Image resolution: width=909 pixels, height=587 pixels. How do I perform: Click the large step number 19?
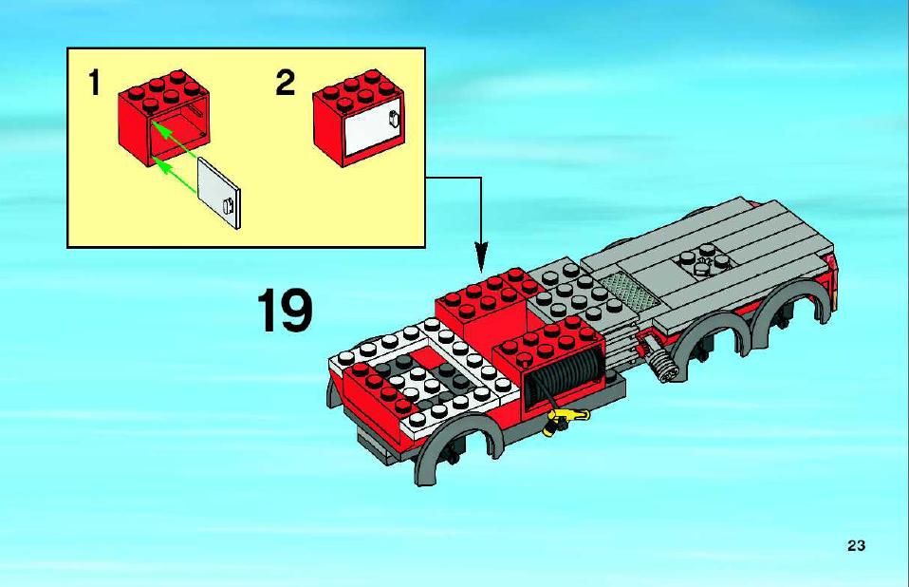(284, 311)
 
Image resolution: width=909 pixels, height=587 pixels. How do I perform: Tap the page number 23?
(856, 546)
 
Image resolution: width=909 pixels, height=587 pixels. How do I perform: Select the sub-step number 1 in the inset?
(95, 82)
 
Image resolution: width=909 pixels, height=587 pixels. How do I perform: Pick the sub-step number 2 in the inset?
(286, 83)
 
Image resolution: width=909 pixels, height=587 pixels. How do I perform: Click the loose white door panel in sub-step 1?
(219, 193)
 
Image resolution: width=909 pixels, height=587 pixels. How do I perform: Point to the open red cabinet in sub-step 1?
(164, 119)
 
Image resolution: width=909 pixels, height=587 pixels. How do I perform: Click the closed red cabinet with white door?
(359, 119)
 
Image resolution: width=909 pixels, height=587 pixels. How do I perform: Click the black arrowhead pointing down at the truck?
(481, 257)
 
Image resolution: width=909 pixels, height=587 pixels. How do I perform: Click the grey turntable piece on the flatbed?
(704, 260)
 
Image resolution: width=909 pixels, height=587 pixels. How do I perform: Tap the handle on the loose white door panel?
(229, 205)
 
